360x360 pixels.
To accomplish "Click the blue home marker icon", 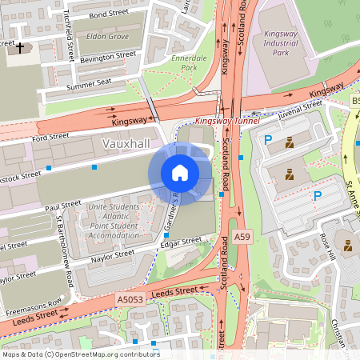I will pos(180,173).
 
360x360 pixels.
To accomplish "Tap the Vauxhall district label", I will pos(127,142).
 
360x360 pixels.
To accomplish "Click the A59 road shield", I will pos(242,238).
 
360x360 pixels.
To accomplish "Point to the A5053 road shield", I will pos(129,299).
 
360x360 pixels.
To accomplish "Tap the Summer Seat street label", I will pos(90,84).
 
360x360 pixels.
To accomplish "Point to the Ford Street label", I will pos(51,138).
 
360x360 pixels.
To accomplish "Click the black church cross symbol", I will pos(20,49).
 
